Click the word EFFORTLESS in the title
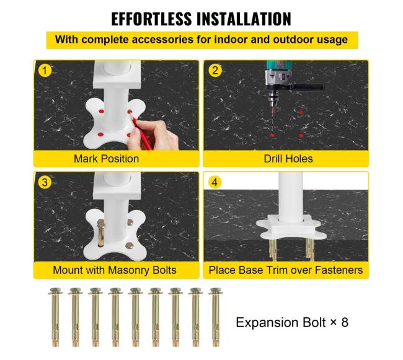tap(151, 19)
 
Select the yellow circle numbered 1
tap(45, 71)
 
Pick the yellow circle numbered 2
tap(215, 71)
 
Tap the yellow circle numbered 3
tap(45, 182)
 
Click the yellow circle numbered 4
tap(215, 182)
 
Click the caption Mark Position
tap(107, 159)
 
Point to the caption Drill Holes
tap(288, 159)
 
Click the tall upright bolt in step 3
tap(100, 233)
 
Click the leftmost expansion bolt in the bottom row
tap(55, 317)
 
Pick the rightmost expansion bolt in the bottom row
tap(216, 317)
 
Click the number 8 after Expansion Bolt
tap(345, 322)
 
